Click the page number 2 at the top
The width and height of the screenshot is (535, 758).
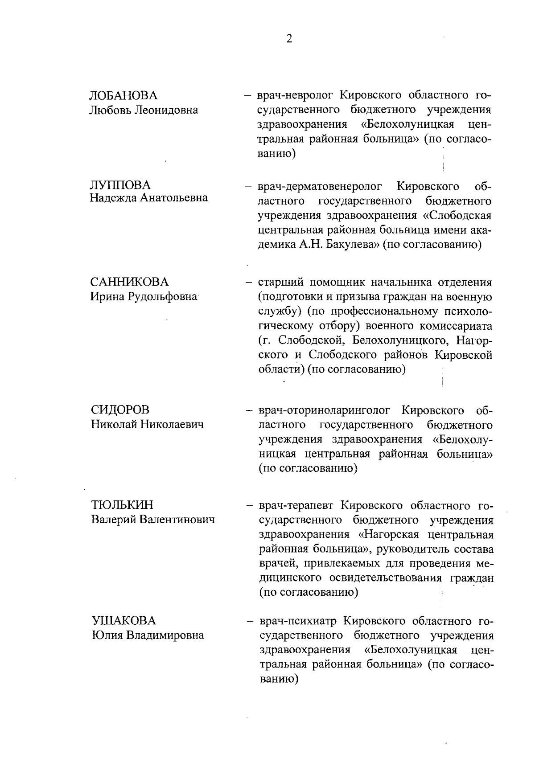point(289,39)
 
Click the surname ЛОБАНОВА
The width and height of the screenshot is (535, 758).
point(123,96)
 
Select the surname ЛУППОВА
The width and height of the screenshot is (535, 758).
point(120,184)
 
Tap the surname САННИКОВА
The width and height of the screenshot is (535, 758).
point(130,282)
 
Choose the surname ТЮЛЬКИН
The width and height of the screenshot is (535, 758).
point(122,505)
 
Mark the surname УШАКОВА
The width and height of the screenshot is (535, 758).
point(123,621)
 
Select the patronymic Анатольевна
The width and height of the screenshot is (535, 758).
point(174,198)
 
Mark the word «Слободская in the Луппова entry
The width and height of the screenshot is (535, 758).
point(457,216)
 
